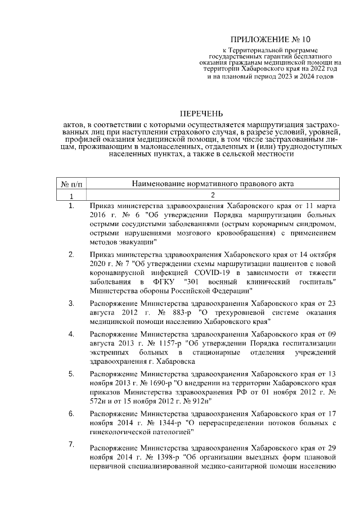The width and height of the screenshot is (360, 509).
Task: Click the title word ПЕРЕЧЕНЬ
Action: click(x=201, y=113)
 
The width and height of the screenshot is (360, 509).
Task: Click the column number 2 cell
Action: click(x=213, y=196)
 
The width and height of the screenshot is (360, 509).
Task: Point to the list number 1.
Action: click(x=71, y=206)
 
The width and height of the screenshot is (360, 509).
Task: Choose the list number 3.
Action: click(x=71, y=304)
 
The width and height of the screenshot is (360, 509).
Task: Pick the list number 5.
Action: click(x=71, y=373)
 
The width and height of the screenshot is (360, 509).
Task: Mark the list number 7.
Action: click(x=71, y=445)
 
